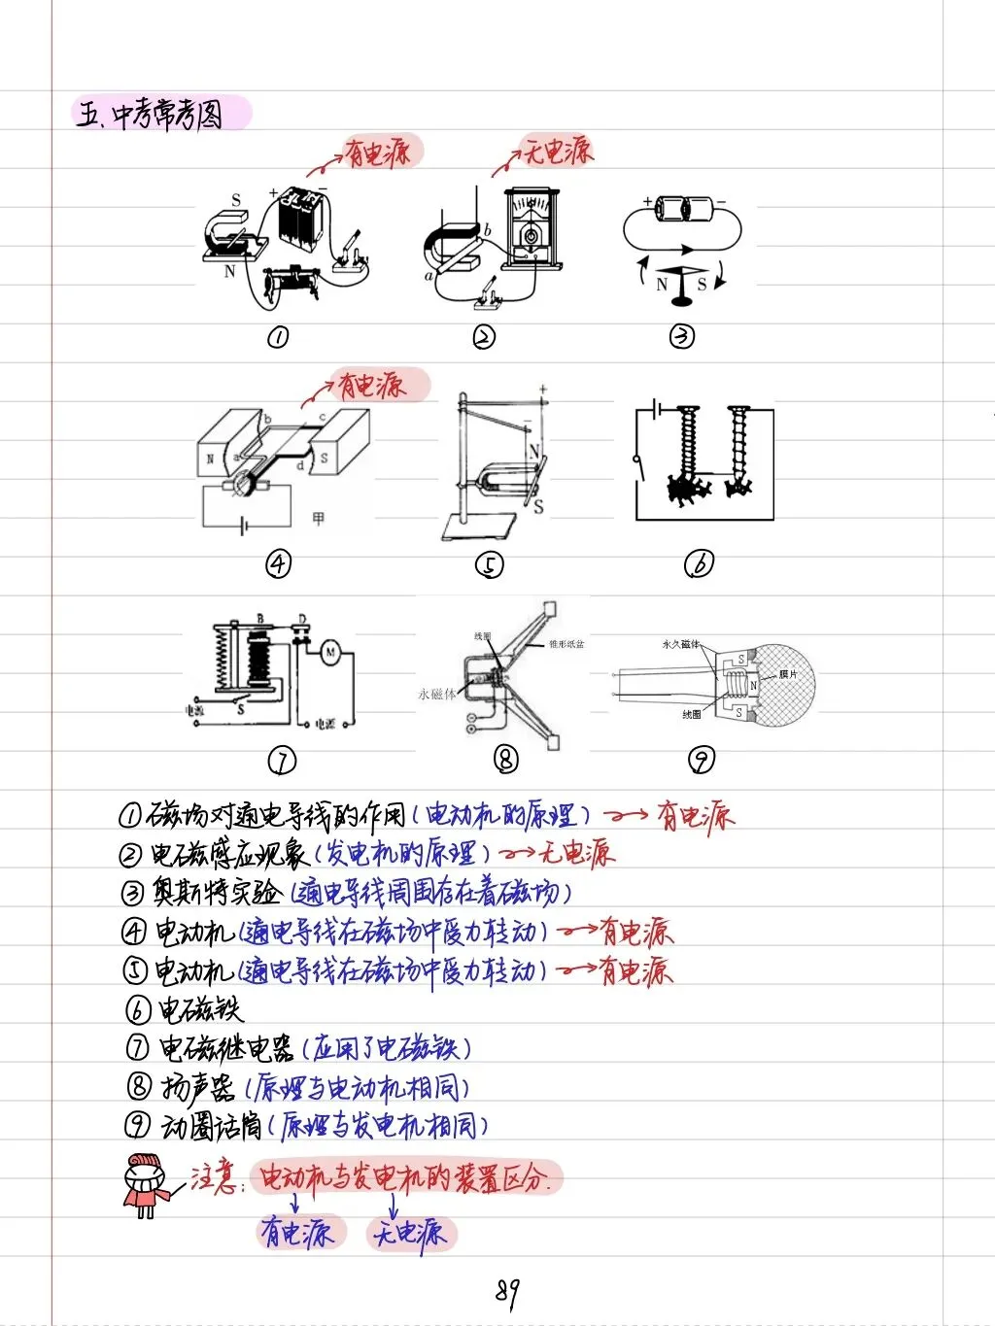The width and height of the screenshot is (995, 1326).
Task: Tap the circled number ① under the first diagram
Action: click(x=278, y=337)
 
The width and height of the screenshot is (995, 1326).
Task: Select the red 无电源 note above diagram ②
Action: click(x=558, y=151)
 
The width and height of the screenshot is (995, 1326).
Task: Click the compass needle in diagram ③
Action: click(x=681, y=280)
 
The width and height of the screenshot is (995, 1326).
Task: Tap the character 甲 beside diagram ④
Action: click(x=318, y=519)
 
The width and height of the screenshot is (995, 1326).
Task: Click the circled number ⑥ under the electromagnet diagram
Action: click(x=699, y=563)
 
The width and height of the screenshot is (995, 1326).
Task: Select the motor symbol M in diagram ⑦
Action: click(x=330, y=653)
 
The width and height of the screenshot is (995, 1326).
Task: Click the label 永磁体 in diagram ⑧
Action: click(x=436, y=694)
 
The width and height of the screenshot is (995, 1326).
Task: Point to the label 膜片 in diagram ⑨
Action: click(x=788, y=674)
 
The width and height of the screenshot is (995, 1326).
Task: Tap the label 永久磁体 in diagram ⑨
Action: click(x=680, y=644)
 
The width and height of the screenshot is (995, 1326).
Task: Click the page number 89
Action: click(x=506, y=1291)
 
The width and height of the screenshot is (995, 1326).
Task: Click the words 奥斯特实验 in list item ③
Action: click(x=217, y=892)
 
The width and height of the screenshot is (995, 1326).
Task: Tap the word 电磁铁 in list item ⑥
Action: click(x=200, y=1010)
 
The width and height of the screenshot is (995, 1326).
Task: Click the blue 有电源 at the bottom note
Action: click(x=297, y=1233)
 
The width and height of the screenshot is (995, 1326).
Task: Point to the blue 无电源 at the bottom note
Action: click(x=411, y=1234)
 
